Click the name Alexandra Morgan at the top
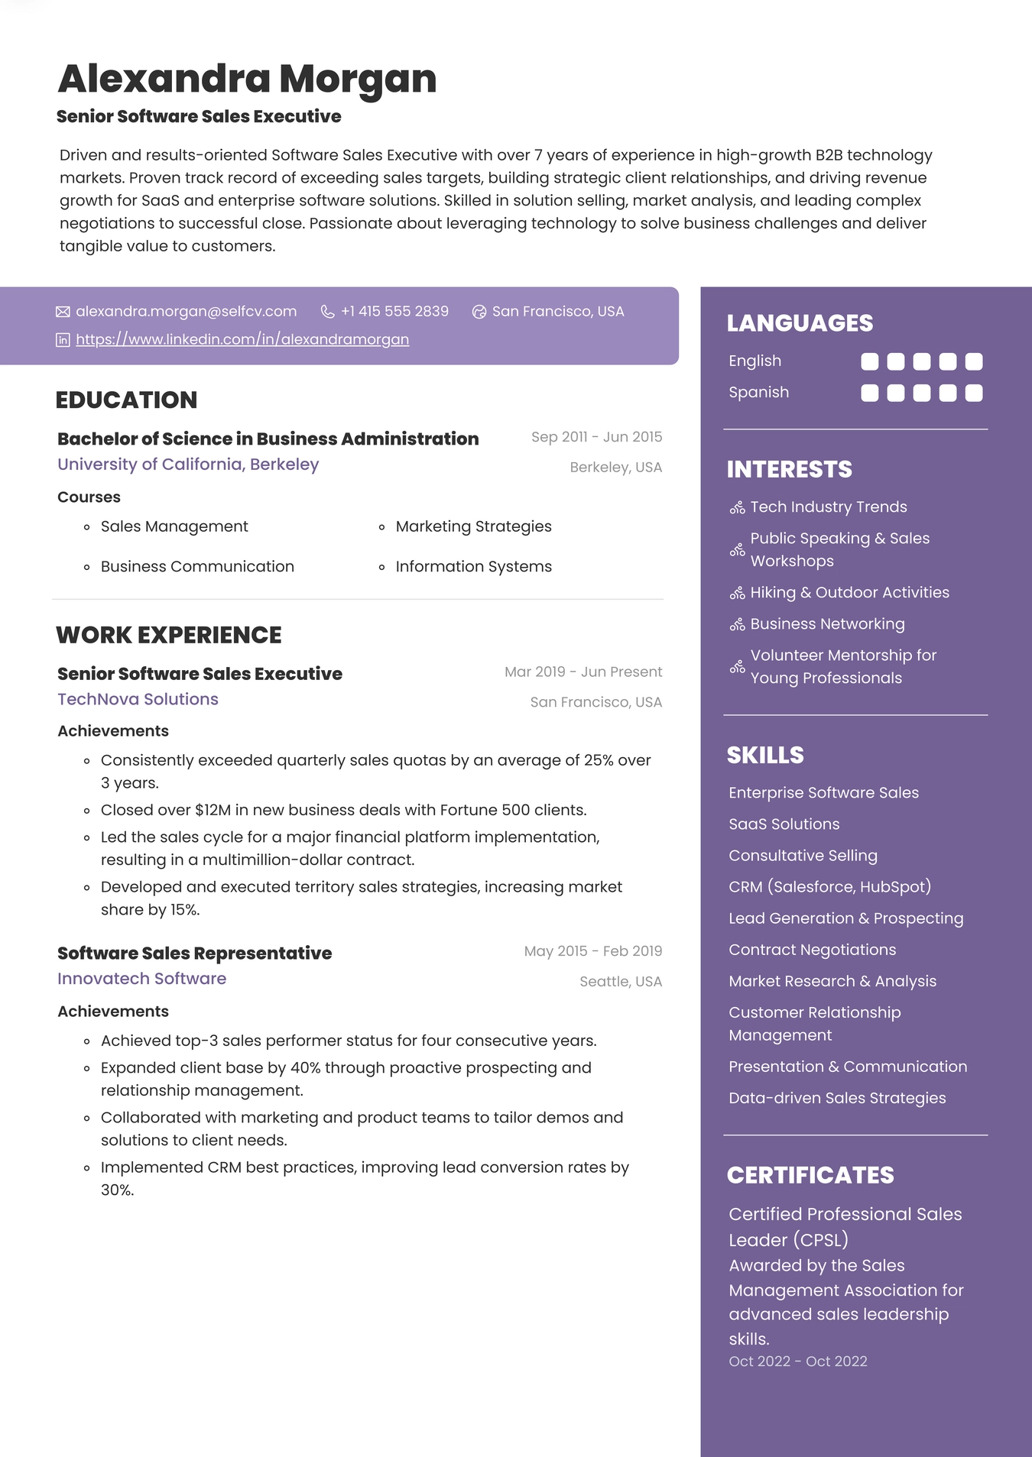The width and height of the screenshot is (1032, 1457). pyautogui.click(x=247, y=79)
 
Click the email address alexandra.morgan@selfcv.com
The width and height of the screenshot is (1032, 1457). pyautogui.click(x=186, y=312)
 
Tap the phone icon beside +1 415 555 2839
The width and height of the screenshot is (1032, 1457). pyautogui.click(x=327, y=312)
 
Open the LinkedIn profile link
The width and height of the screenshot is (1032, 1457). pyautogui.click(x=242, y=339)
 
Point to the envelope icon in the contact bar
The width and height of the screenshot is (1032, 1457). pyautogui.click(x=63, y=312)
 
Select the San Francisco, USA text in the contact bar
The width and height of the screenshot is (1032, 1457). pyautogui.click(x=558, y=312)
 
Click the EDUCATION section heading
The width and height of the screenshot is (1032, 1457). pyautogui.click(x=126, y=400)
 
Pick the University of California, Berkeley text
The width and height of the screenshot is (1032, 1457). pyautogui.click(x=188, y=465)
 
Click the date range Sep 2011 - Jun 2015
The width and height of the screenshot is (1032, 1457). pyautogui.click(x=596, y=437)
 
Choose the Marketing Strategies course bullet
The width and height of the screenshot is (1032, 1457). pyautogui.click(x=473, y=526)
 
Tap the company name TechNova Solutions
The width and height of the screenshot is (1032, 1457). pyautogui.click(x=138, y=699)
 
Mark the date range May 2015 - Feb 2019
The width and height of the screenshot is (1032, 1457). pyautogui.click(x=592, y=951)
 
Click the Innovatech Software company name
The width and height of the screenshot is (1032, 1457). pyautogui.click(x=141, y=979)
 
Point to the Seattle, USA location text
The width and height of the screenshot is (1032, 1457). pyautogui.click(x=620, y=982)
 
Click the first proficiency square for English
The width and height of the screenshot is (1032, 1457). pyautogui.click(x=870, y=361)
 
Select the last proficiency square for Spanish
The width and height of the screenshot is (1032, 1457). pyautogui.click(x=974, y=393)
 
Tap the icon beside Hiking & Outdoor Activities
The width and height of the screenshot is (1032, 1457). pyautogui.click(x=737, y=594)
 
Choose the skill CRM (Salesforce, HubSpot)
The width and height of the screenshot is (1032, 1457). pyautogui.click(x=829, y=887)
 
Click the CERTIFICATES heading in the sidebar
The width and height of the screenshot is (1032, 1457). pyautogui.click(x=810, y=1175)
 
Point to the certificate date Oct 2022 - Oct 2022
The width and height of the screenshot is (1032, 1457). pyautogui.click(x=797, y=1361)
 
